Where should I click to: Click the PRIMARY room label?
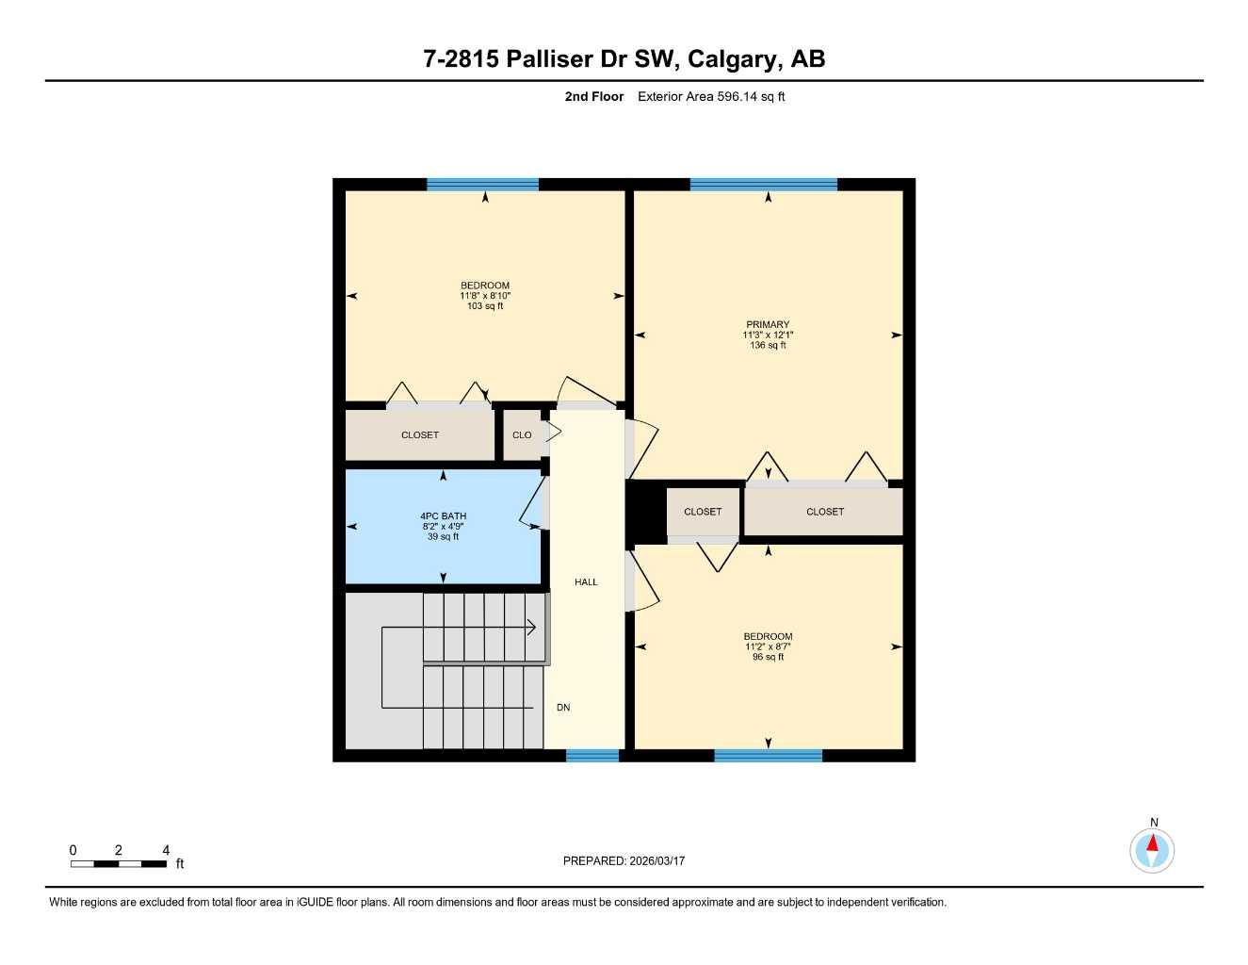click(768, 324)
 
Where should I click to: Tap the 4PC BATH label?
click(443, 516)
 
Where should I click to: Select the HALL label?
click(586, 582)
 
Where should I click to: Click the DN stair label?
click(563, 708)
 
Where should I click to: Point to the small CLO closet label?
click(522, 435)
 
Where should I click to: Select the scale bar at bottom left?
click(119, 863)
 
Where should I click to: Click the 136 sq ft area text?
click(768, 346)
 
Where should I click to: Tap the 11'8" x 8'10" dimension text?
click(485, 296)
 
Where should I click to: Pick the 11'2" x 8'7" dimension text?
click(768, 646)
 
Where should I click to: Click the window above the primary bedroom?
click(763, 185)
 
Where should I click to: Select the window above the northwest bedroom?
click(482, 185)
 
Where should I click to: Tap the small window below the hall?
click(592, 755)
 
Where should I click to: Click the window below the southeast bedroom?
click(768, 755)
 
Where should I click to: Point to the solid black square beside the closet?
click(646, 512)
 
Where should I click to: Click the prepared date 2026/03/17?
click(624, 861)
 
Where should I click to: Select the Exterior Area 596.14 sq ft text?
click(711, 96)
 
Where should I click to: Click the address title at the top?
click(624, 58)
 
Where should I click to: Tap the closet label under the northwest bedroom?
click(420, 435)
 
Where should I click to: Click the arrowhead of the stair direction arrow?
click(533, 627)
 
